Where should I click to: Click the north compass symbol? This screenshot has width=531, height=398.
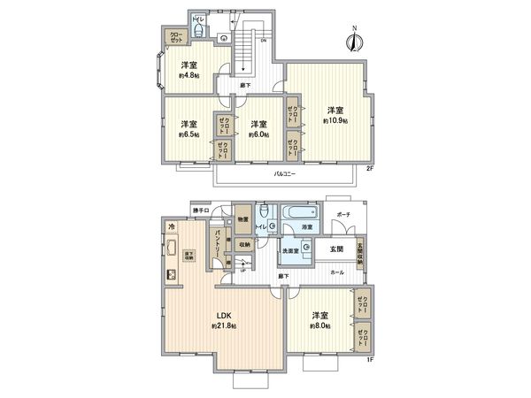[355, 38]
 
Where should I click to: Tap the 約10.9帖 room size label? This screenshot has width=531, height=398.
[336, 119]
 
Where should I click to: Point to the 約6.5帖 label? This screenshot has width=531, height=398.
[189, 135]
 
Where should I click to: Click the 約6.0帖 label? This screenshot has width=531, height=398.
[258, 135]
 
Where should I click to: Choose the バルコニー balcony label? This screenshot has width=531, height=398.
[285, 173]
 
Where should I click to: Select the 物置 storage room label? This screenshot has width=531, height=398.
[242, 218]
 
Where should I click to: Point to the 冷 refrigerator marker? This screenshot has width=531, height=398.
[171, 227]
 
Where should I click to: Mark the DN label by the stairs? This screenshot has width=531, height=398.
[263, 41]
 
